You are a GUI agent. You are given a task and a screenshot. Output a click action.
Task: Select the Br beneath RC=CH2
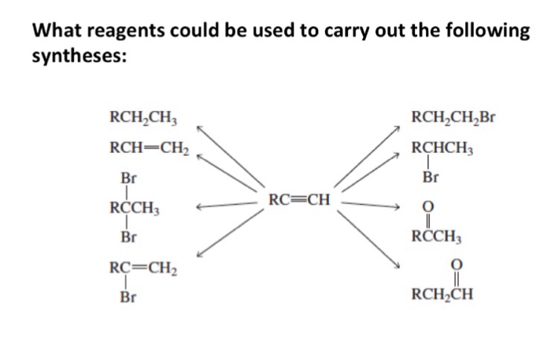(x=128, y=298)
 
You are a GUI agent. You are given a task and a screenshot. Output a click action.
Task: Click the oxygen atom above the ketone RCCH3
(x=430, y=207)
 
